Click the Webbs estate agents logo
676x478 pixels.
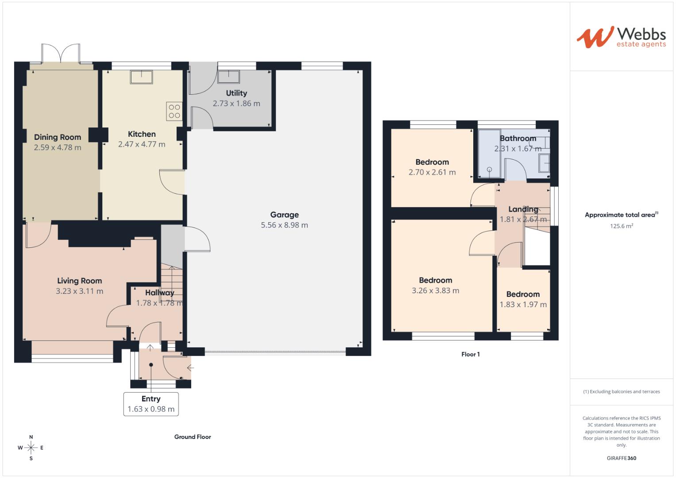(621, 37)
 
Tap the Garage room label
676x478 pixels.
(284, 215)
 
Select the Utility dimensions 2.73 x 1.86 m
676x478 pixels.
(236, 104)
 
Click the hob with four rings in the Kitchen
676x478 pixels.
(174, 111)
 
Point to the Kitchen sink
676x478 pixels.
(141, 77)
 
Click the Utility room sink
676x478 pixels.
(228, 77)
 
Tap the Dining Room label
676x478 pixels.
(58, 137)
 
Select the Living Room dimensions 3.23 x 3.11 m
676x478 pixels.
(80, 291)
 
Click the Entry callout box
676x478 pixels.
(151, 404)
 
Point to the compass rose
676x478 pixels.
(31, 448)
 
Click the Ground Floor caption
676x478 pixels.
(193, 437)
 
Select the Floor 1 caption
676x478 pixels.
(471, 354)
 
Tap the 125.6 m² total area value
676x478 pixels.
(621, 226)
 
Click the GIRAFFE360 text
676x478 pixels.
(621, 458)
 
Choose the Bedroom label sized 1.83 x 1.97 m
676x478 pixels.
(523, 294)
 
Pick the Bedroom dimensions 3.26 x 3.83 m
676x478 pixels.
(435, 291)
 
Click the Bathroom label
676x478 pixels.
(518, 139)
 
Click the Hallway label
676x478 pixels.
(159, 293)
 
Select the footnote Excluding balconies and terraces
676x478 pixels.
(621, 392)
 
